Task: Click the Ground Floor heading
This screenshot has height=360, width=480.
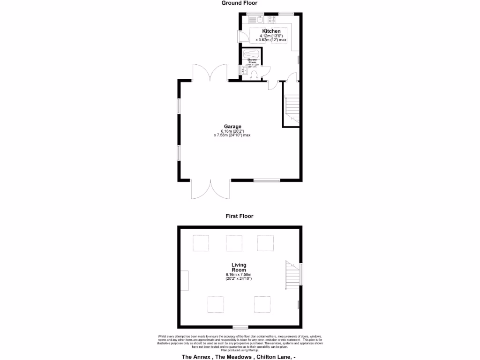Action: [x=239, y=3]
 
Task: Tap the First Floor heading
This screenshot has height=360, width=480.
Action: [x=239, y=216]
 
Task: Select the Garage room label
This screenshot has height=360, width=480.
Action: [x=232, y=127]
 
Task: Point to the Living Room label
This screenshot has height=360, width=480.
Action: [x=239, y=267]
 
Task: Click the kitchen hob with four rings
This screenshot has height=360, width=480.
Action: [x=271, y=19]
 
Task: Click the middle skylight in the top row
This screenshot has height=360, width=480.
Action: [x=234, y=243]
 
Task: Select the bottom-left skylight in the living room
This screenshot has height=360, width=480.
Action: [x=216, y=304]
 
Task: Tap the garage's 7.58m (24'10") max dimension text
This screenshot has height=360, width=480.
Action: [x=232, y=135]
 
